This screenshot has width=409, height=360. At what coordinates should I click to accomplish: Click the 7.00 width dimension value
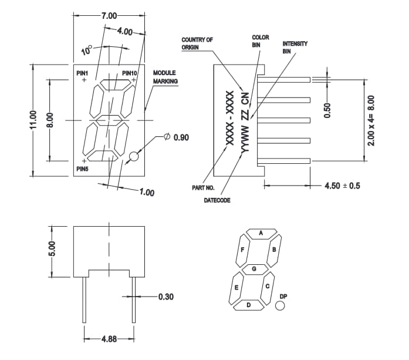(109, 15)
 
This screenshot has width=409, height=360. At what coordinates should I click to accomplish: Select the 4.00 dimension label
(124, 31)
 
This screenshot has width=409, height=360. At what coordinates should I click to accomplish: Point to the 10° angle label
(86, 51)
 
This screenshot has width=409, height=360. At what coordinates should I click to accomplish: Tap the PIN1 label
(83, 73)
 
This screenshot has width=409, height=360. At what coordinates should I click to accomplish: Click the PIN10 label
(130, 73)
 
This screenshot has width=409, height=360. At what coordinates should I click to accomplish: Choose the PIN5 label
(83, 169)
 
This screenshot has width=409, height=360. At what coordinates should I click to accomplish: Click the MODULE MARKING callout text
(165, 77)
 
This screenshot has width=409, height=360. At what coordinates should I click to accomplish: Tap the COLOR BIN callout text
(260, 41)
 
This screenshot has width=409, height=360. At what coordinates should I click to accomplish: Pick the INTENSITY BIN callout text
(295, 48)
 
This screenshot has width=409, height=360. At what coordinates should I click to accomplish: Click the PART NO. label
(203, 188)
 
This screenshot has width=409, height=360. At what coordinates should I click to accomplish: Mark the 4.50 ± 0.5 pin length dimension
(342, 186)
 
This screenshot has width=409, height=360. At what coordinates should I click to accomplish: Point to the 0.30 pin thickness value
(166, 297)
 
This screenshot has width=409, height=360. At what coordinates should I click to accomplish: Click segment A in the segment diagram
(261, 233)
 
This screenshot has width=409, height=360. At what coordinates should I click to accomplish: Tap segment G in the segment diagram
(254, 269)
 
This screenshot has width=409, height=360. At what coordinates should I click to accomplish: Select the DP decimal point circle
(280, 306)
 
